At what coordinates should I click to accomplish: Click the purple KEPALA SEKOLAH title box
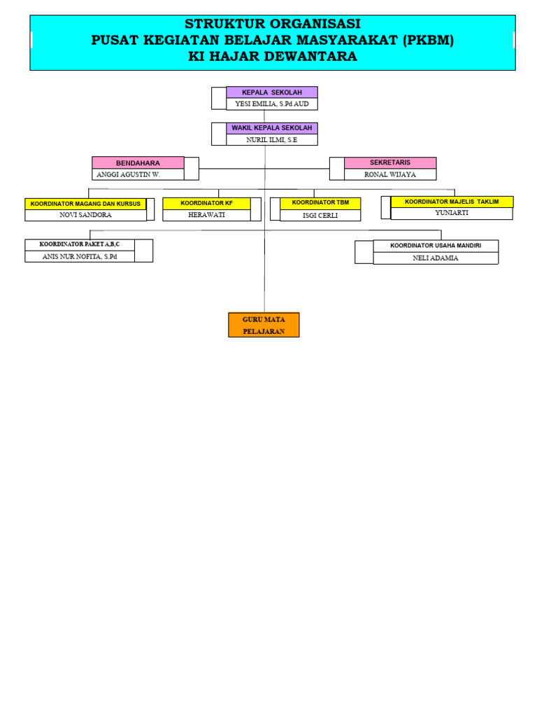click(x=272, y=92)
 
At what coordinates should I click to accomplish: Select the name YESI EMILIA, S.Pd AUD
click(x=272, y=104)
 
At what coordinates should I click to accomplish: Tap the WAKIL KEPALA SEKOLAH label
click(x=272, y=128)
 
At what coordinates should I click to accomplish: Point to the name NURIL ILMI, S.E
click(x=272, y=140)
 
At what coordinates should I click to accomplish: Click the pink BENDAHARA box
click(x=138, y=163)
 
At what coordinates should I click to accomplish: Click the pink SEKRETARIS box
click(x=390, y=162)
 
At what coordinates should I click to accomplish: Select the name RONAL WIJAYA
click(x=390, y=174)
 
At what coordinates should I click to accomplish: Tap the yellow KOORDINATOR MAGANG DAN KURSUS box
click(x=85, y=204)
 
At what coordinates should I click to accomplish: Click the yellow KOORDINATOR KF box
click(x=206, y=203)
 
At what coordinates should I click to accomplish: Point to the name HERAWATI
click(x=206, y=215)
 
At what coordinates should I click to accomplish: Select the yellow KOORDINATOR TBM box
click(x=320, y=203)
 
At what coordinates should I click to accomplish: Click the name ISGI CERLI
click(x=320, y=216)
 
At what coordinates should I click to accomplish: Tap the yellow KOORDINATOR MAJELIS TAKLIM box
click(x=452, y=202)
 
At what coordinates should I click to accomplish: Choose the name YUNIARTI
click(x=452, y=213)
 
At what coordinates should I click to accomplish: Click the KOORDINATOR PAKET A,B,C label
click(x=80, y=244)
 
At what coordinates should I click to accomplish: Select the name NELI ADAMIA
click(x=436, y=258)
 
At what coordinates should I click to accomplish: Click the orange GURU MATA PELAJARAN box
click(x=264, y=325)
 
